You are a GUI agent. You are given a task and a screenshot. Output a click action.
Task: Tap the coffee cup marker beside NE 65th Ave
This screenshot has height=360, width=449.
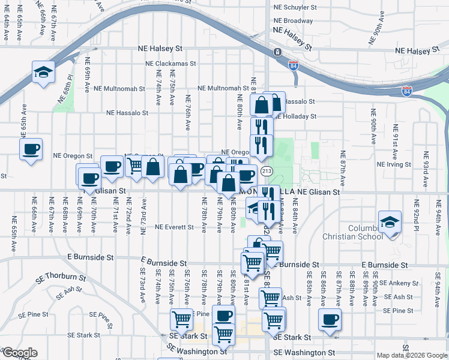tap(31, 149)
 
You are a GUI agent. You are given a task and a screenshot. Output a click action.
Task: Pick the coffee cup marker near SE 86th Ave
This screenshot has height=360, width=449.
tap(330, 320)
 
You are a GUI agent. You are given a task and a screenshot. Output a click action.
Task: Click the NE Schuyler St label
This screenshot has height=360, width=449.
tap(295, 7)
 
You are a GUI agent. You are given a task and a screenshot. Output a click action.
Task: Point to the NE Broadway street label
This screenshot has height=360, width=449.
tap(293, 20)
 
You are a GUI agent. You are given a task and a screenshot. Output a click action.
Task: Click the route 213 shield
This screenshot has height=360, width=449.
tap(267, 171)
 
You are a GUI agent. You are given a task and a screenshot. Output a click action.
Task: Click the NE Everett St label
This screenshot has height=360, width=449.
tap(174, 227)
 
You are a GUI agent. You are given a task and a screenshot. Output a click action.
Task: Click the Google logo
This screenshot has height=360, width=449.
tap(20, 353)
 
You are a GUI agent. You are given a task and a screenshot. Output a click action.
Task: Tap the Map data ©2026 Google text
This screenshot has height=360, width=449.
tap(412, 355)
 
